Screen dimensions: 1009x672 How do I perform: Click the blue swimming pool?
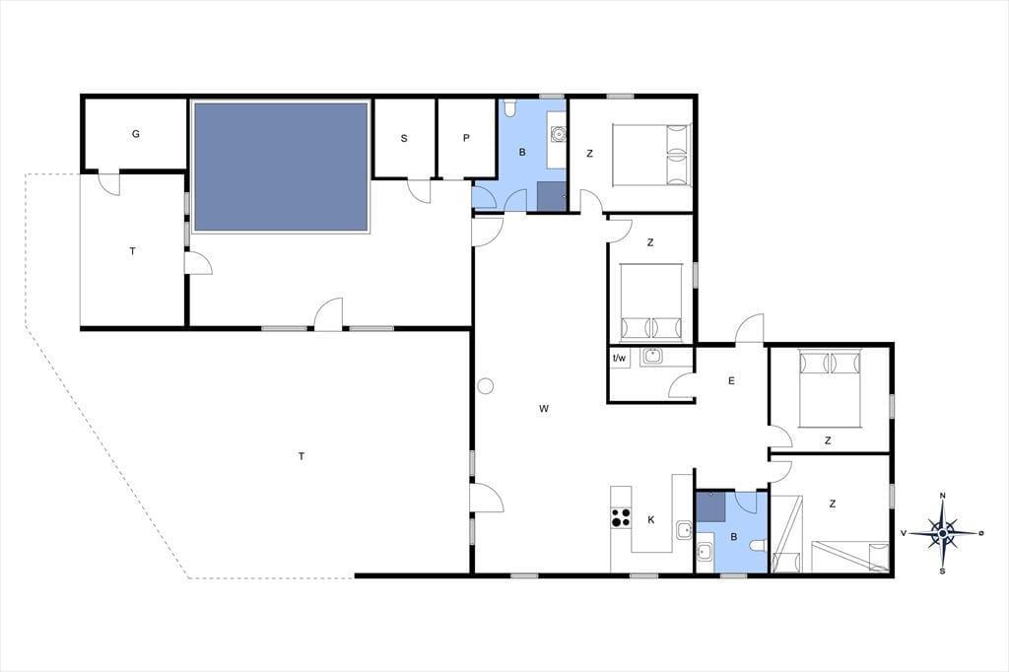[281, 167]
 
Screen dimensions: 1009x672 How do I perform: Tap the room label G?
[136, 134]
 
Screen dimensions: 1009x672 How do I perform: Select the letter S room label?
[404, 138]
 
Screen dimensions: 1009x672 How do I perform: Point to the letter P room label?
[466, 138]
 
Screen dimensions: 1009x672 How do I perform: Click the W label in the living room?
[544, 408]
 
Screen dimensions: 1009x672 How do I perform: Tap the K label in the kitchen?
[651, 519]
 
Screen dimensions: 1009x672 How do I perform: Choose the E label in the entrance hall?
[731, 380]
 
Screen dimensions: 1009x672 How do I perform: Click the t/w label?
[619, 358]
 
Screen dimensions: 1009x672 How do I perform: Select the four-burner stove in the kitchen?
[621, 517]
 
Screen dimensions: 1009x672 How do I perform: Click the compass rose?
[943, 533]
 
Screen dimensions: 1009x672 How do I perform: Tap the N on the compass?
[943, 495]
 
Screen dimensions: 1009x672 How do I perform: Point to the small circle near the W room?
[485, 386]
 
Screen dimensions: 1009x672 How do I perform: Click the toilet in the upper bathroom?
[510, 108]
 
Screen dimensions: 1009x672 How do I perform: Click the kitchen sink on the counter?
[684, 531]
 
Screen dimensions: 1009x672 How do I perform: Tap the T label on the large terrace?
[302, 456]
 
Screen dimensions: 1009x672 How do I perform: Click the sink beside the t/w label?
[652, 356]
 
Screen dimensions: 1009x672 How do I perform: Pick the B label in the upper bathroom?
[522, 153]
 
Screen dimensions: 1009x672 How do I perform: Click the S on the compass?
[943, 571]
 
